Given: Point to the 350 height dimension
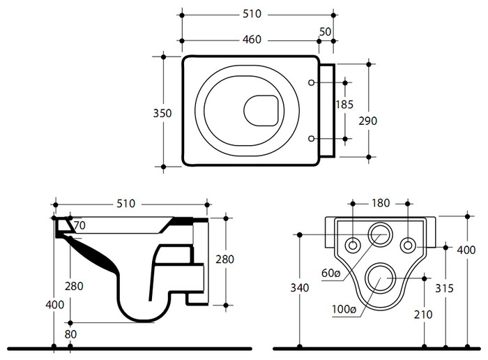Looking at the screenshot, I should click(x=162, y=112).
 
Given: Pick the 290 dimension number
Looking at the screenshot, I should click(x=367, y=121).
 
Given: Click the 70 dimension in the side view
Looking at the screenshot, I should click(x=79, y=225).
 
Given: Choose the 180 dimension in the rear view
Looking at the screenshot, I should click(x=381, y=204).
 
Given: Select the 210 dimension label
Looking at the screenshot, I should click(x=423, y=315).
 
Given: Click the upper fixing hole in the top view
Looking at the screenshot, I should click(x=312, y=84).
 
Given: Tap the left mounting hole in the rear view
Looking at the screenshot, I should click(x=353, y=244).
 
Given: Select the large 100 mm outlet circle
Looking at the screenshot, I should click(x=381, y=278).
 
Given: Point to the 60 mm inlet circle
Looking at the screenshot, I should click(x=381, y=234).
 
